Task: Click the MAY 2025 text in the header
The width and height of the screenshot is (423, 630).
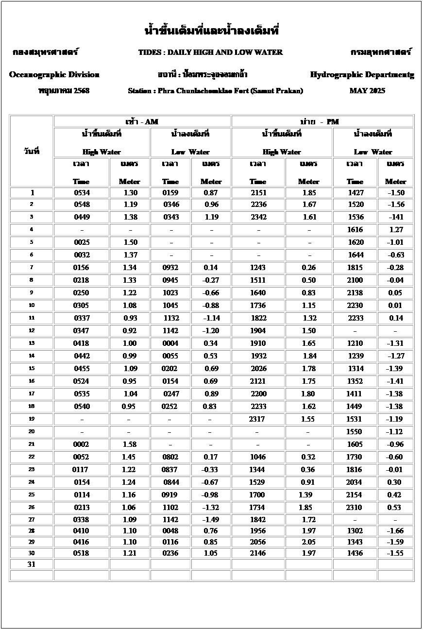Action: click(367, 91)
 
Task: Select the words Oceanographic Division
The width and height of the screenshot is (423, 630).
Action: click(54, 75)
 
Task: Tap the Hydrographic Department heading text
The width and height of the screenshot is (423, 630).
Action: click(362, 75)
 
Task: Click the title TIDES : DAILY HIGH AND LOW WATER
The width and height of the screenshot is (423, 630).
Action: click(210, 52)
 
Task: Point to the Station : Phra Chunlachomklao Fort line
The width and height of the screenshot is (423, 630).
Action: click(216, 91)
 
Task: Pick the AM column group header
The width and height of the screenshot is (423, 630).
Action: click(142, 121)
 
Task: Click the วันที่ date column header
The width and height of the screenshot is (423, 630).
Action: click(31, 151)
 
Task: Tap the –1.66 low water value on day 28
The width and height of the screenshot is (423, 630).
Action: click(396, 531)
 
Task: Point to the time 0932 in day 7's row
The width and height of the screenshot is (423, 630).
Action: click(170, 268)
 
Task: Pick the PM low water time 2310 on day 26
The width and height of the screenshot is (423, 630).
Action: click(355, 508)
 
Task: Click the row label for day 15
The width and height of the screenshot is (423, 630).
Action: click(32, 369)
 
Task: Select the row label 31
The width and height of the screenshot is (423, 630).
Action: click(32, 564)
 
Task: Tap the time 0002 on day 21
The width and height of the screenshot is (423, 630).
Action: click(81, 444)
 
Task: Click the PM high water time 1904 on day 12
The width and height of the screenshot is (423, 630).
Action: click(258, 331)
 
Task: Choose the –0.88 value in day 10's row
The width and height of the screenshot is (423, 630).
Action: click(210, 306)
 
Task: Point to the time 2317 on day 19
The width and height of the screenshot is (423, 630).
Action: click(257, 419)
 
